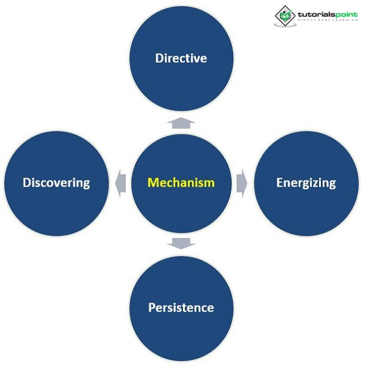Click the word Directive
(x=181, y=59)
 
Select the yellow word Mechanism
(x=181, y=182)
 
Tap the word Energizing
(x=306, y=182)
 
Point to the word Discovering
(x=56, y=182)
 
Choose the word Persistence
(x=181, y=307)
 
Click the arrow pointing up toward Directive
(x=181, y=123)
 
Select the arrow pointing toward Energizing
(x=242, y=182)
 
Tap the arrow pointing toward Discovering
(x=120, y=182)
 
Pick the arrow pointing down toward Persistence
(x=181, y=243)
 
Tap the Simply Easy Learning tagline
(x=326, y=22)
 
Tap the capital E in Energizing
(x=280, y=182)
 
